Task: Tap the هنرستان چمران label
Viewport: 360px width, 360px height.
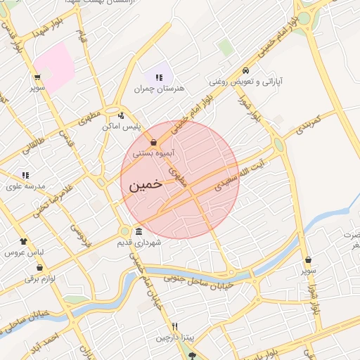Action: pos(153,89)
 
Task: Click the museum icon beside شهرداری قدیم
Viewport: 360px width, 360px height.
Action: pos(139,231)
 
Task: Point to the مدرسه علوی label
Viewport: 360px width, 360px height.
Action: pos(25,186)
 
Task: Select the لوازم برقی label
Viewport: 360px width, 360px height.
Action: pos(39,278)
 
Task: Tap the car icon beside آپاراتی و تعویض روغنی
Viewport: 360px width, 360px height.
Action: pos(245,70)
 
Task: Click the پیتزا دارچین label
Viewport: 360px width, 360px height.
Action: pos(173,338)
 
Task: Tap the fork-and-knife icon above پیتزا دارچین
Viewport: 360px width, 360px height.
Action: pos(175,327)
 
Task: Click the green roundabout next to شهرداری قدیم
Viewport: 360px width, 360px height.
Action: pos(124,231)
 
